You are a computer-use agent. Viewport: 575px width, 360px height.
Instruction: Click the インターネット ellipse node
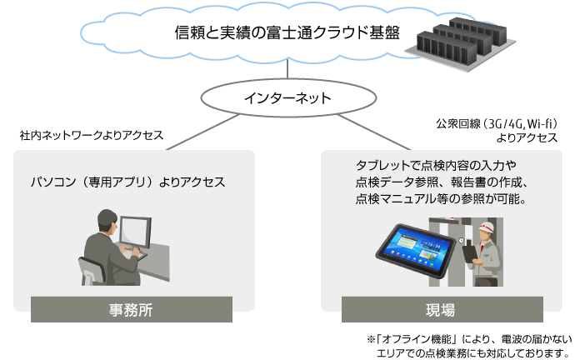pyautogui.click(x=288, y=97)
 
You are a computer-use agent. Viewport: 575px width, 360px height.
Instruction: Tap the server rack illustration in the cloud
pyautogui.click(x=461, y=43)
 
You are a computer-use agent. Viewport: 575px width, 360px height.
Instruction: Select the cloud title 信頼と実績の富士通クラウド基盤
pyautogui.click(x=287, y=32)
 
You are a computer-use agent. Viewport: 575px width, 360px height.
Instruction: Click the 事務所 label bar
pyautogui.click(x=132, y=310)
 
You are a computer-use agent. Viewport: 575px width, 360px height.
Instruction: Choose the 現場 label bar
pyautogui.click(x=442, y=310)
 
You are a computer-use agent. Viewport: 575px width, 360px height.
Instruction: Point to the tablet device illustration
pyautogui.click(x=416, y=250)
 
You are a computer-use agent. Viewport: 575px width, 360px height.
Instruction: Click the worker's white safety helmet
pyautogui.click(x=487, y=227)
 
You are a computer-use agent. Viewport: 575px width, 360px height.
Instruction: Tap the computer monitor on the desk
pyautogui.click(x=135, y=232)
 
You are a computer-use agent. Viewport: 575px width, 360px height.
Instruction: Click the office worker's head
pyautogui.click(x=107, y=221)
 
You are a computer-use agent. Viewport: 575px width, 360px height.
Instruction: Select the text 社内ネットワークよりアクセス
pyautogui.click(x=92, y=135)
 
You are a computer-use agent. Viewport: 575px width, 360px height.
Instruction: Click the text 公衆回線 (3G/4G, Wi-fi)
pyautogui.click(x=497, y=124)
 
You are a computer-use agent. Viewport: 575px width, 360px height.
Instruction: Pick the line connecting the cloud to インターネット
pyautogui.click(x=287, y=68)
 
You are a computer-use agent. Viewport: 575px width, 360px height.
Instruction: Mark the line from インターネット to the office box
pyautogui.click(x=202, y=132)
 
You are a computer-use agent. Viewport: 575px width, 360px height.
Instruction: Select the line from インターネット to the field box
pyautogui.click(x=373, y=132)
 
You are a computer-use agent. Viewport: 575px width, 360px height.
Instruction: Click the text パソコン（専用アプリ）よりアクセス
pyautogui.click(x=127, y=182)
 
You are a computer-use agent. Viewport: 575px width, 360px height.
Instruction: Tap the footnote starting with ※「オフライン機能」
pyautogui.click(x=469, y=346)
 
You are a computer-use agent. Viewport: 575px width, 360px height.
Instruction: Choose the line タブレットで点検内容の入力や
pyautogui.click(x=436, y=165)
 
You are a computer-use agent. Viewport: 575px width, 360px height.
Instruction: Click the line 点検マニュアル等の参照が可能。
pyautogui.click(x=441, y=198)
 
